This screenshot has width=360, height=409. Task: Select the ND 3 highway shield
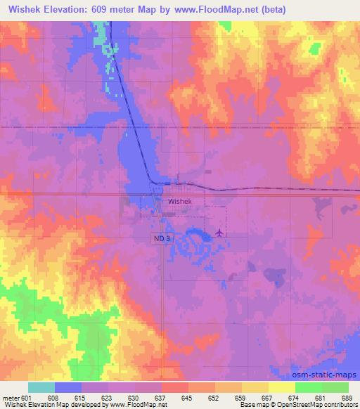pyautogui.click(x=162, y=239)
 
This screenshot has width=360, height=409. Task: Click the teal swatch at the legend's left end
pyautogui.click(x=41, y=387)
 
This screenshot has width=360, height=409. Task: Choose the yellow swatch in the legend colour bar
pyautogui.click(x=282, y=387)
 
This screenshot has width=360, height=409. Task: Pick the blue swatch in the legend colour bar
pyautogui.click(x=68, y=387)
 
